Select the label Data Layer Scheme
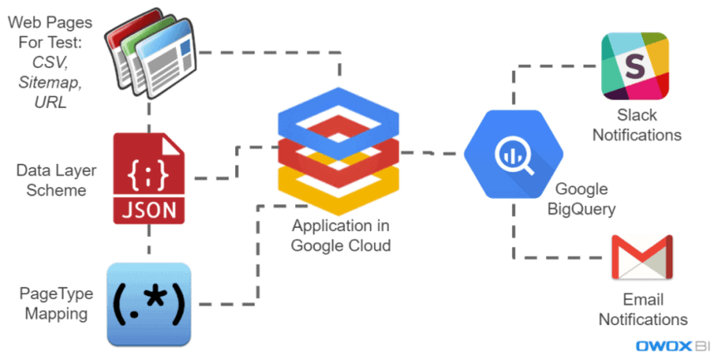point(52,180)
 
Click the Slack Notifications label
point(638,124)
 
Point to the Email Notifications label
point(643,308)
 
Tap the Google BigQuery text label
point(581,199)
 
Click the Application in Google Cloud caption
point(341,235)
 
